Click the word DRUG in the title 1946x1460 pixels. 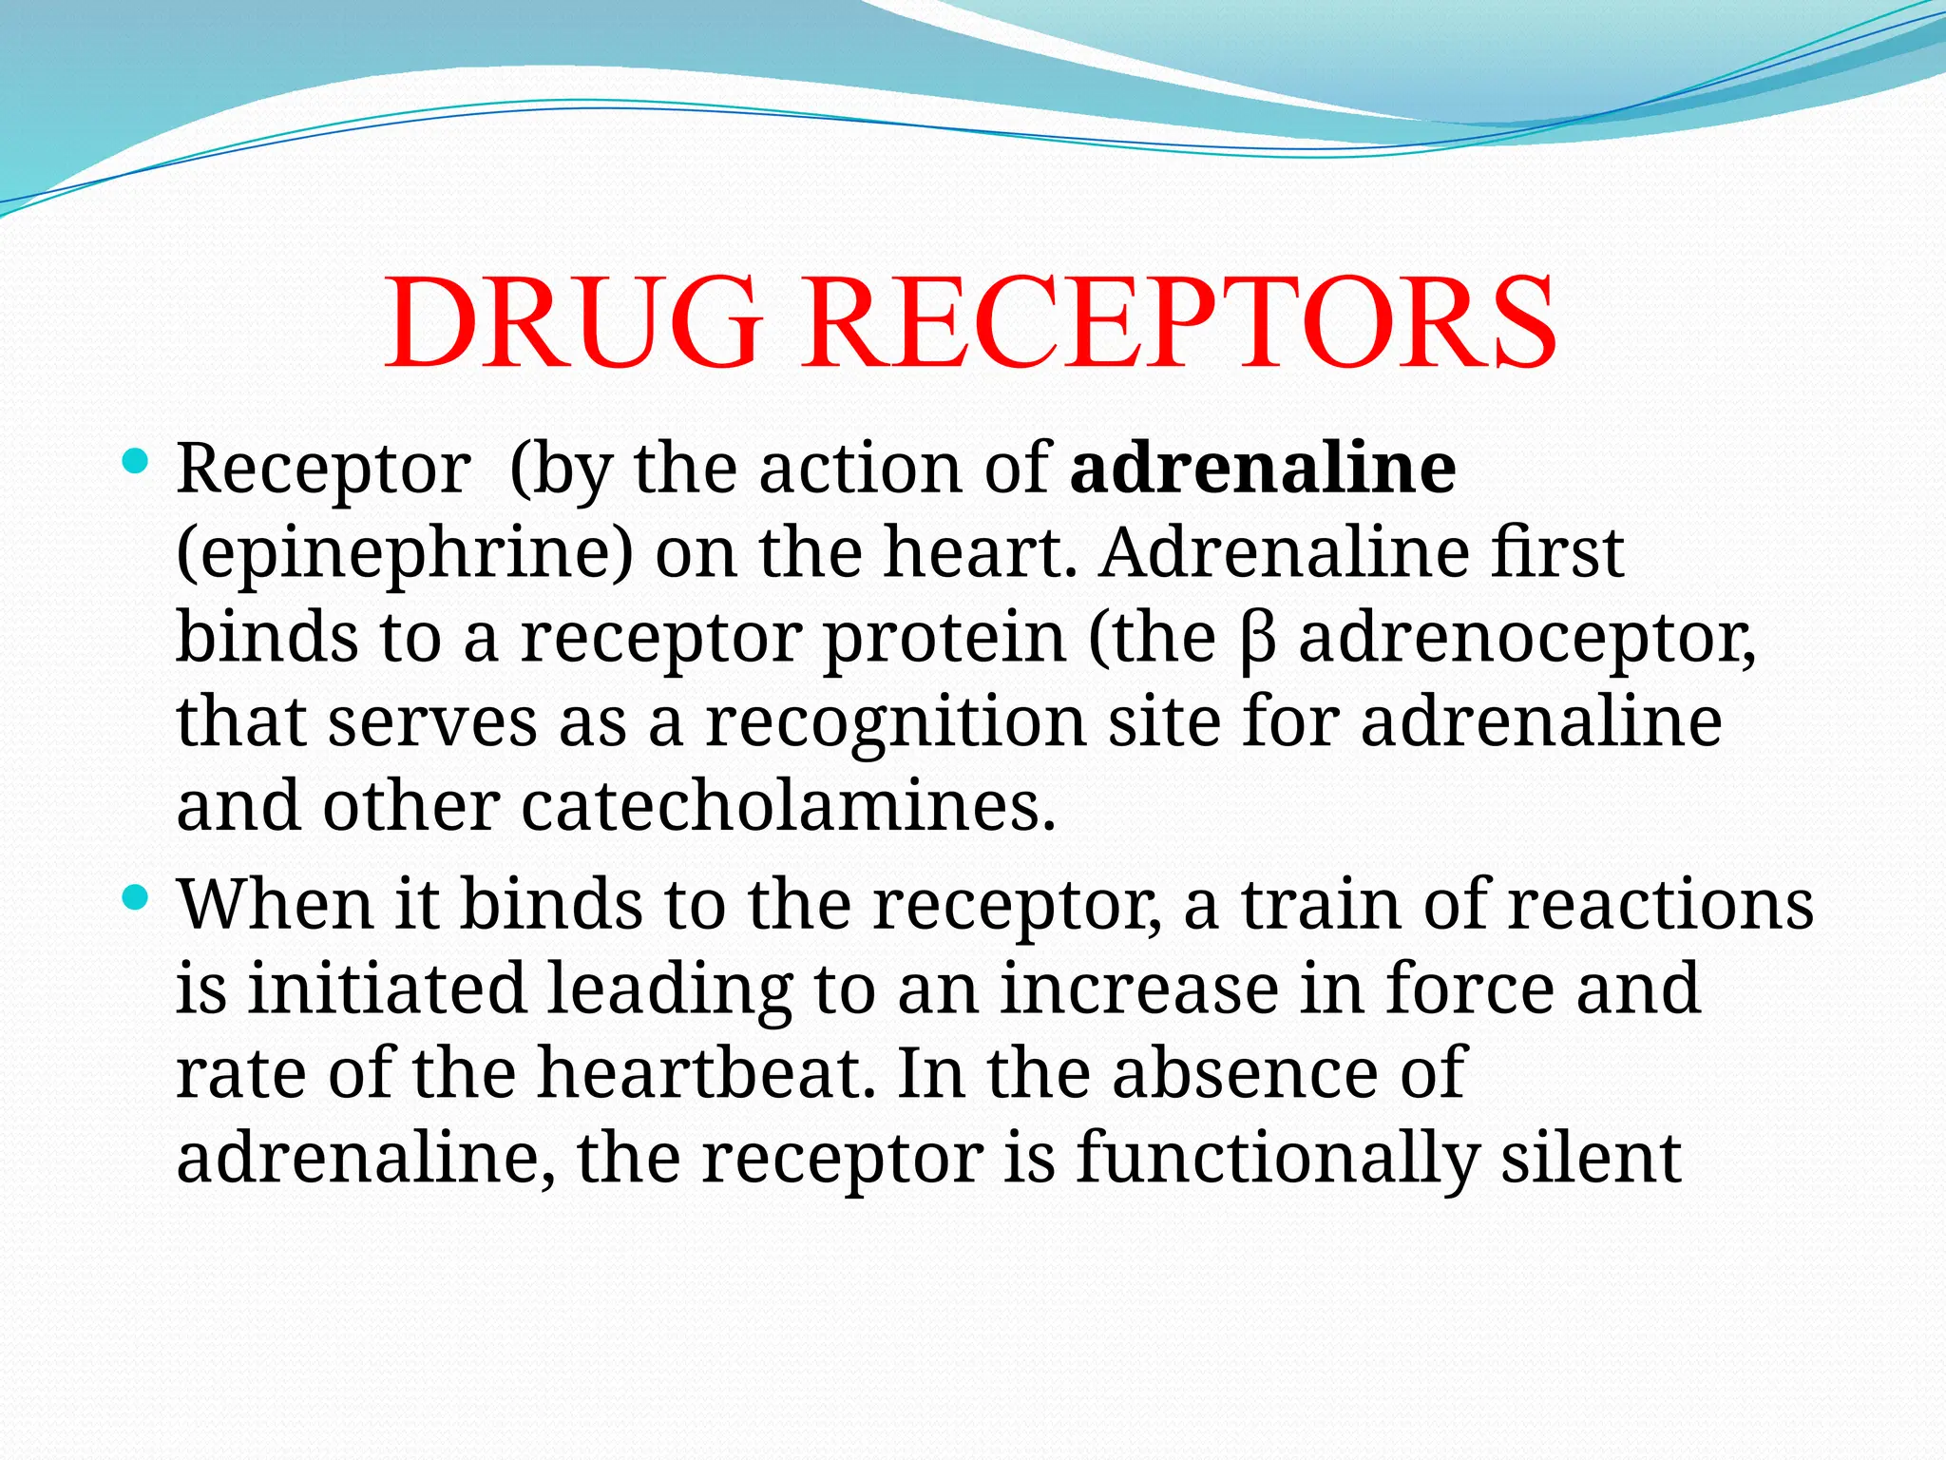[573, 322]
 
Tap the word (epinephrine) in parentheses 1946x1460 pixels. [405, 553]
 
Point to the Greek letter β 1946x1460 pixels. [1256, 640]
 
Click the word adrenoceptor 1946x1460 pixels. [1526, 640]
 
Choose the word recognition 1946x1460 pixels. [894, 722]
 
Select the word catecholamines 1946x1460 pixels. [788, 806]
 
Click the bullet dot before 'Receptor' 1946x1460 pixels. [136, 463]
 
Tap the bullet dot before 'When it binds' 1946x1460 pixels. [136, 897]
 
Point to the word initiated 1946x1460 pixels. [387, 988]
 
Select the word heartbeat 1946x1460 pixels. [706, 1072]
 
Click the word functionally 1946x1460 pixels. [1277, 1158]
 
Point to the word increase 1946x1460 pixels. [1139, 988]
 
